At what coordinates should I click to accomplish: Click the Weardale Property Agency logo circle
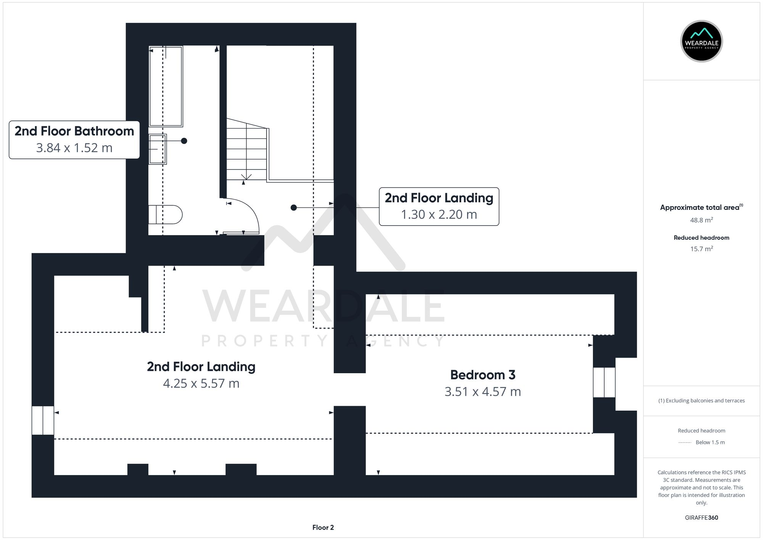pyautogui.click(x=701, y=41)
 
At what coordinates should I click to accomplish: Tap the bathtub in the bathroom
pyautogui.click(x=166, y=86)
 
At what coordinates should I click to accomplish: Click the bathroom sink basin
pyautogui.click(x=158, y=149)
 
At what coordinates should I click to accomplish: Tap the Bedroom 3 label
pyautogui.click(x=483, y=375)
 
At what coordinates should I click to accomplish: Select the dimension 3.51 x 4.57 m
pyautogui.click(x=483, y=392)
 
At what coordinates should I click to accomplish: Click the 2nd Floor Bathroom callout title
pyautogui.click(x=74, y=131)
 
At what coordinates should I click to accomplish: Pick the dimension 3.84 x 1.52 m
pyautogui.click(x=74, y=148)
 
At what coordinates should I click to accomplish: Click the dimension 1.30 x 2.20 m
pyautogui.click(x=439, y=214)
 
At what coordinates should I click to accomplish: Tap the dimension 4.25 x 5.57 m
pyautogui.click(x=201, y=383)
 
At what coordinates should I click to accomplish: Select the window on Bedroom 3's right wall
pyautogui.click(x=604, y=382)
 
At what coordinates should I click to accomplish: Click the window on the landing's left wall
pyautogui.click(x=43, y=420)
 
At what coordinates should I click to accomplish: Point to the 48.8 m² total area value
pyautogui.click(x=701, y=220)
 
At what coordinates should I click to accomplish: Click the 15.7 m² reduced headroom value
pyautogui.click(x=701, y=249)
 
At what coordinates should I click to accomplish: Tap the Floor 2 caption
pyautogui.click(x=323, y=527)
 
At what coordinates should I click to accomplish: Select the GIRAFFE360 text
pyautogui.click(x=701, y=517)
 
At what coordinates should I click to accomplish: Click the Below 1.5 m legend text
pyautogui.click(x=710, y=442)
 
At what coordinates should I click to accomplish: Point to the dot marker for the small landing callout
pyautogui.click(x=293, y=208)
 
